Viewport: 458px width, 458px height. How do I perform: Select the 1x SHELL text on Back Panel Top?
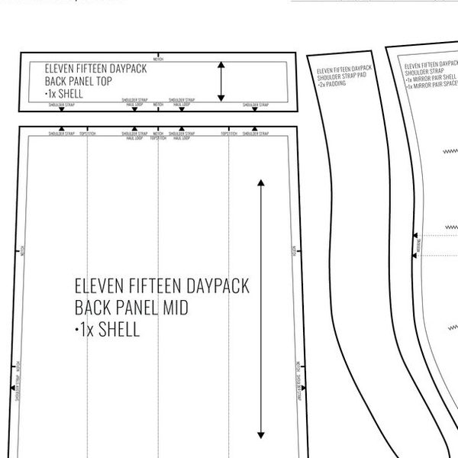click(x=62, y=93)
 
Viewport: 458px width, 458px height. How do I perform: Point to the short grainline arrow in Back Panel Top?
click(x=221, y=82)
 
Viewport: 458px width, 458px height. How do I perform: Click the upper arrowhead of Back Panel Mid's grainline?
click(x=261, y=183)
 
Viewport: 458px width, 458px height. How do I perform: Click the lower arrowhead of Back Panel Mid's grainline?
click(x=261, y=432)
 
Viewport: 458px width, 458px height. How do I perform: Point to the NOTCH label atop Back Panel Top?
click(x=158, y=58)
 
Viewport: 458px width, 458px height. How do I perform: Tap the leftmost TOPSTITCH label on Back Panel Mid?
click(x=88, y=133)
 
